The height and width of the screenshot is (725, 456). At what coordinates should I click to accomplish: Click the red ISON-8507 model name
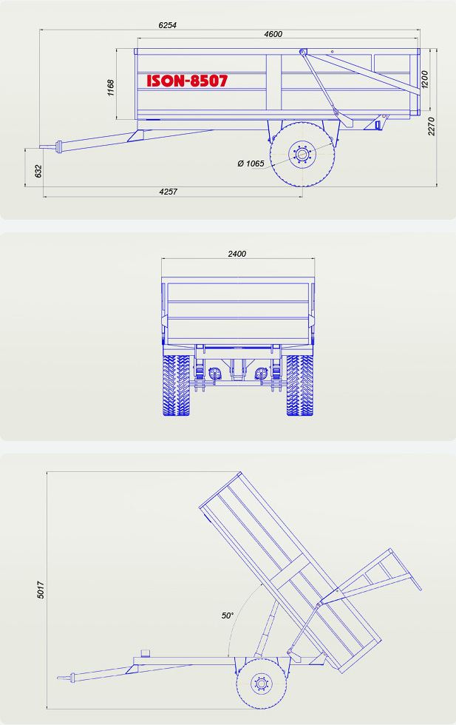tap(187, 81)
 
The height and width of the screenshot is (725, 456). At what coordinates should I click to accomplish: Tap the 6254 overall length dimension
tap(167, 25)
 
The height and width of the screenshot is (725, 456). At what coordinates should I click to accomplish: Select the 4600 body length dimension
tap(273, 34)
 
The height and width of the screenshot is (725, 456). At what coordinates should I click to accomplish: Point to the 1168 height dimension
tap(110, 88)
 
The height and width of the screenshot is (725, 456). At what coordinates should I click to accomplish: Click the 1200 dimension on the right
tap(425, 80)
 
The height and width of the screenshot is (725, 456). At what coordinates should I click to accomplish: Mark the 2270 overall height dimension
tap(432, 127)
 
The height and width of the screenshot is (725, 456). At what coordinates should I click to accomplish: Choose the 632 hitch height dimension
tap(38, 171)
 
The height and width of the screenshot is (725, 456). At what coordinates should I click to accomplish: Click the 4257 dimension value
tap(168, 192)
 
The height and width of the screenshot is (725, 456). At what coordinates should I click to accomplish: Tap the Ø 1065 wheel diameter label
tap(251, 163)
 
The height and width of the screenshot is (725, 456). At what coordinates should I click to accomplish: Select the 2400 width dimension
tap(237, 253)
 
